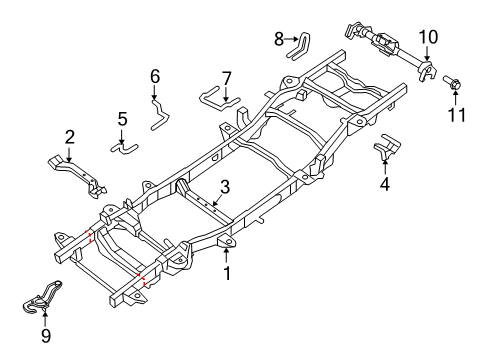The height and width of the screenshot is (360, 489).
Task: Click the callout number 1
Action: coord(226,271)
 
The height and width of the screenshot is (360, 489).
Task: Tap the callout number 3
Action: coord(226,187)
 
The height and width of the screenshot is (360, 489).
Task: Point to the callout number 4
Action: coord(385,183)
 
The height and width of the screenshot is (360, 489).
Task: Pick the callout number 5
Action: coord(122,120)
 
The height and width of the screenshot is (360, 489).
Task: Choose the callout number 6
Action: coord(155,76)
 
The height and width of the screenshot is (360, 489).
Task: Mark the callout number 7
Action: coord(226,77)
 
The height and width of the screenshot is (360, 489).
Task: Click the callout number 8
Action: coord(279,39)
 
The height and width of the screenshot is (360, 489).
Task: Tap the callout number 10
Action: coord(427,37)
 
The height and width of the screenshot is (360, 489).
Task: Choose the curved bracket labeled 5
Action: coord(126,148)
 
